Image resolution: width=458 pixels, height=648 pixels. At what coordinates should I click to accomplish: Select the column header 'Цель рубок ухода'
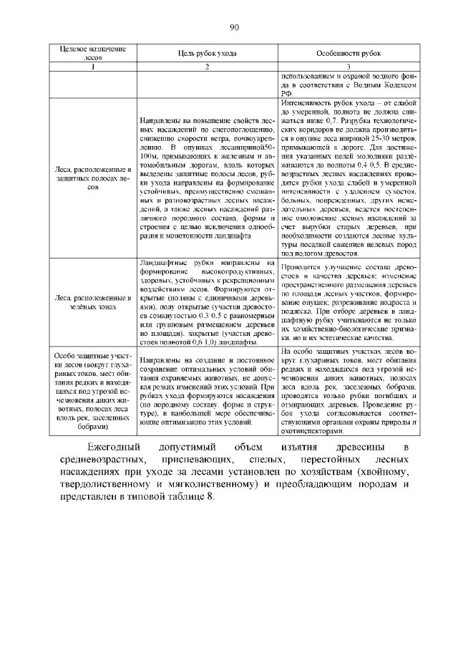click(207, 54)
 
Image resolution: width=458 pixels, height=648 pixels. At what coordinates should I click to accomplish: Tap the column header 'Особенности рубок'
click(349, 54)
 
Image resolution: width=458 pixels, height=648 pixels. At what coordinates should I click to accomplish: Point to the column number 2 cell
click(207, 67)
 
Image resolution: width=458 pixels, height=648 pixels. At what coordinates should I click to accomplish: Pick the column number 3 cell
click(349, 67)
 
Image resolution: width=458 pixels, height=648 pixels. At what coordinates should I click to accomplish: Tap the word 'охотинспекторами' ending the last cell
click(313, 432)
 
